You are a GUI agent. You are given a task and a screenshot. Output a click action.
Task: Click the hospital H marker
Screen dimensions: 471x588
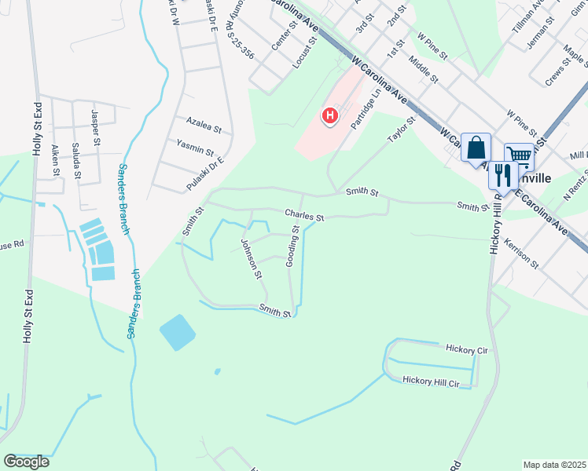coord(330,116)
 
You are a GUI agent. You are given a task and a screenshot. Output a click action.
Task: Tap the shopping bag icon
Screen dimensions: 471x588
coord(476,147)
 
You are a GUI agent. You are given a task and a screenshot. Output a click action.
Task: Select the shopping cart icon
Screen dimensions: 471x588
coord(519,155)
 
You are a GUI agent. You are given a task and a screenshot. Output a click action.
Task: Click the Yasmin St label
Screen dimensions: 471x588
coord(195,149)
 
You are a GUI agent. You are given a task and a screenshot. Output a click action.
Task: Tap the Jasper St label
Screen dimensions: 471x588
coord(96,129)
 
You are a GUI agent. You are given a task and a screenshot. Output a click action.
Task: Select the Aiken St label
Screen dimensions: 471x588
coord(55,159)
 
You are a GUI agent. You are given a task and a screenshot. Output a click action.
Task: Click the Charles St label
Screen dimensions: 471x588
coord(304,214)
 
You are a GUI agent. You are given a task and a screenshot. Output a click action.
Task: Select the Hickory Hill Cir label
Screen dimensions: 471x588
coord(430,380)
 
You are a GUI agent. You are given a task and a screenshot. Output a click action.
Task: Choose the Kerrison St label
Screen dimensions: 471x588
coord(522,254)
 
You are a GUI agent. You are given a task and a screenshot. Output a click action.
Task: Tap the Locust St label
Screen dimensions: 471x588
coord(303,52)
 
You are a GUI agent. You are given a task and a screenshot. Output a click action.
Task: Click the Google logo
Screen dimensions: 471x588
coord(27,462)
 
